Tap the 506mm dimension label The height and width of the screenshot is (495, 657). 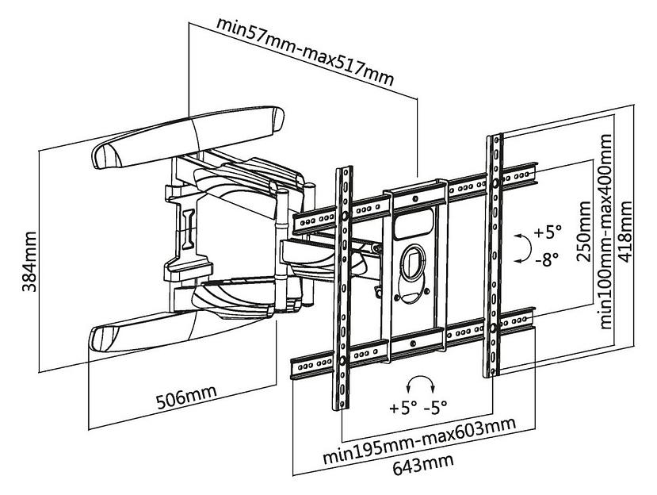tap(186, 397)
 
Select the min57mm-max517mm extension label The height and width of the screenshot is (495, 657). tap(305, 52)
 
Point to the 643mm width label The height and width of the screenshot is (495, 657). tap(422, 463)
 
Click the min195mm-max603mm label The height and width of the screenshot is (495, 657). tap(419, 439)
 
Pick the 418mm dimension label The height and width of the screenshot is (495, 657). tap(626, 232)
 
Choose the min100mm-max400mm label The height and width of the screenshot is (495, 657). tap(605, 231)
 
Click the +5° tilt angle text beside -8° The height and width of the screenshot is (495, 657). tap(548, 232)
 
